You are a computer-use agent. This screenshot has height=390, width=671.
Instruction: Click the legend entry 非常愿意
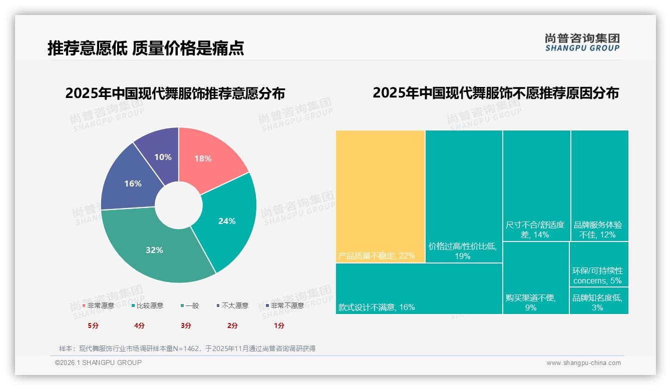99,305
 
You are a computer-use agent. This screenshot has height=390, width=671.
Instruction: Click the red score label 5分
93,325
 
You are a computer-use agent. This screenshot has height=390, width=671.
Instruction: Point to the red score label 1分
279,325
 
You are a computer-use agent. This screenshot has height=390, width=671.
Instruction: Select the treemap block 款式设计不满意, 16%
419,288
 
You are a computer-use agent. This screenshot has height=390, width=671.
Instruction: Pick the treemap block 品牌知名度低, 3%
598,301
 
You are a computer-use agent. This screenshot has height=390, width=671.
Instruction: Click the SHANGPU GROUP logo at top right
582,42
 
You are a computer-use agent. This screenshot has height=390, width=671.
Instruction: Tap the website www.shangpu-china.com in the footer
583,363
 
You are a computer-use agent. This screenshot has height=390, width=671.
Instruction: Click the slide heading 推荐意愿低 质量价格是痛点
146,48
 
